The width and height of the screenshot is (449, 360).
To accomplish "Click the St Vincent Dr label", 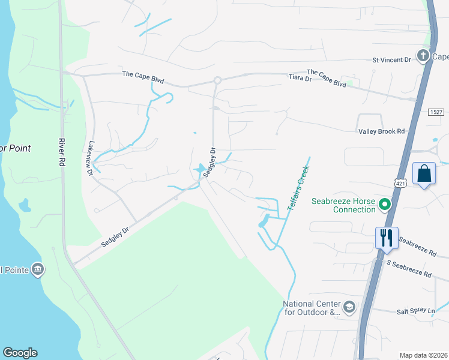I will tap(391, 59).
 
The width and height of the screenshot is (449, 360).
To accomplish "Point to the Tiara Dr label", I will tap(300, 78).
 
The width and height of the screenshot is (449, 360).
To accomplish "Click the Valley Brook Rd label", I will tap(381, 131).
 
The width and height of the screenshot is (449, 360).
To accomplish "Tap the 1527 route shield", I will tap(436, 112).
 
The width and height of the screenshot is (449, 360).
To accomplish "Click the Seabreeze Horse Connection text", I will tap(343, 205).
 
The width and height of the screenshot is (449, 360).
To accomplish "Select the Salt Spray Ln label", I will tap(415, 311).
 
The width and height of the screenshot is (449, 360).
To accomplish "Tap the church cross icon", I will tap(423, 56).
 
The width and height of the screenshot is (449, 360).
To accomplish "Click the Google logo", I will tap(20, 353).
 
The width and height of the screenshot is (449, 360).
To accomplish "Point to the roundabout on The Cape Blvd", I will tap(217, 80).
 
